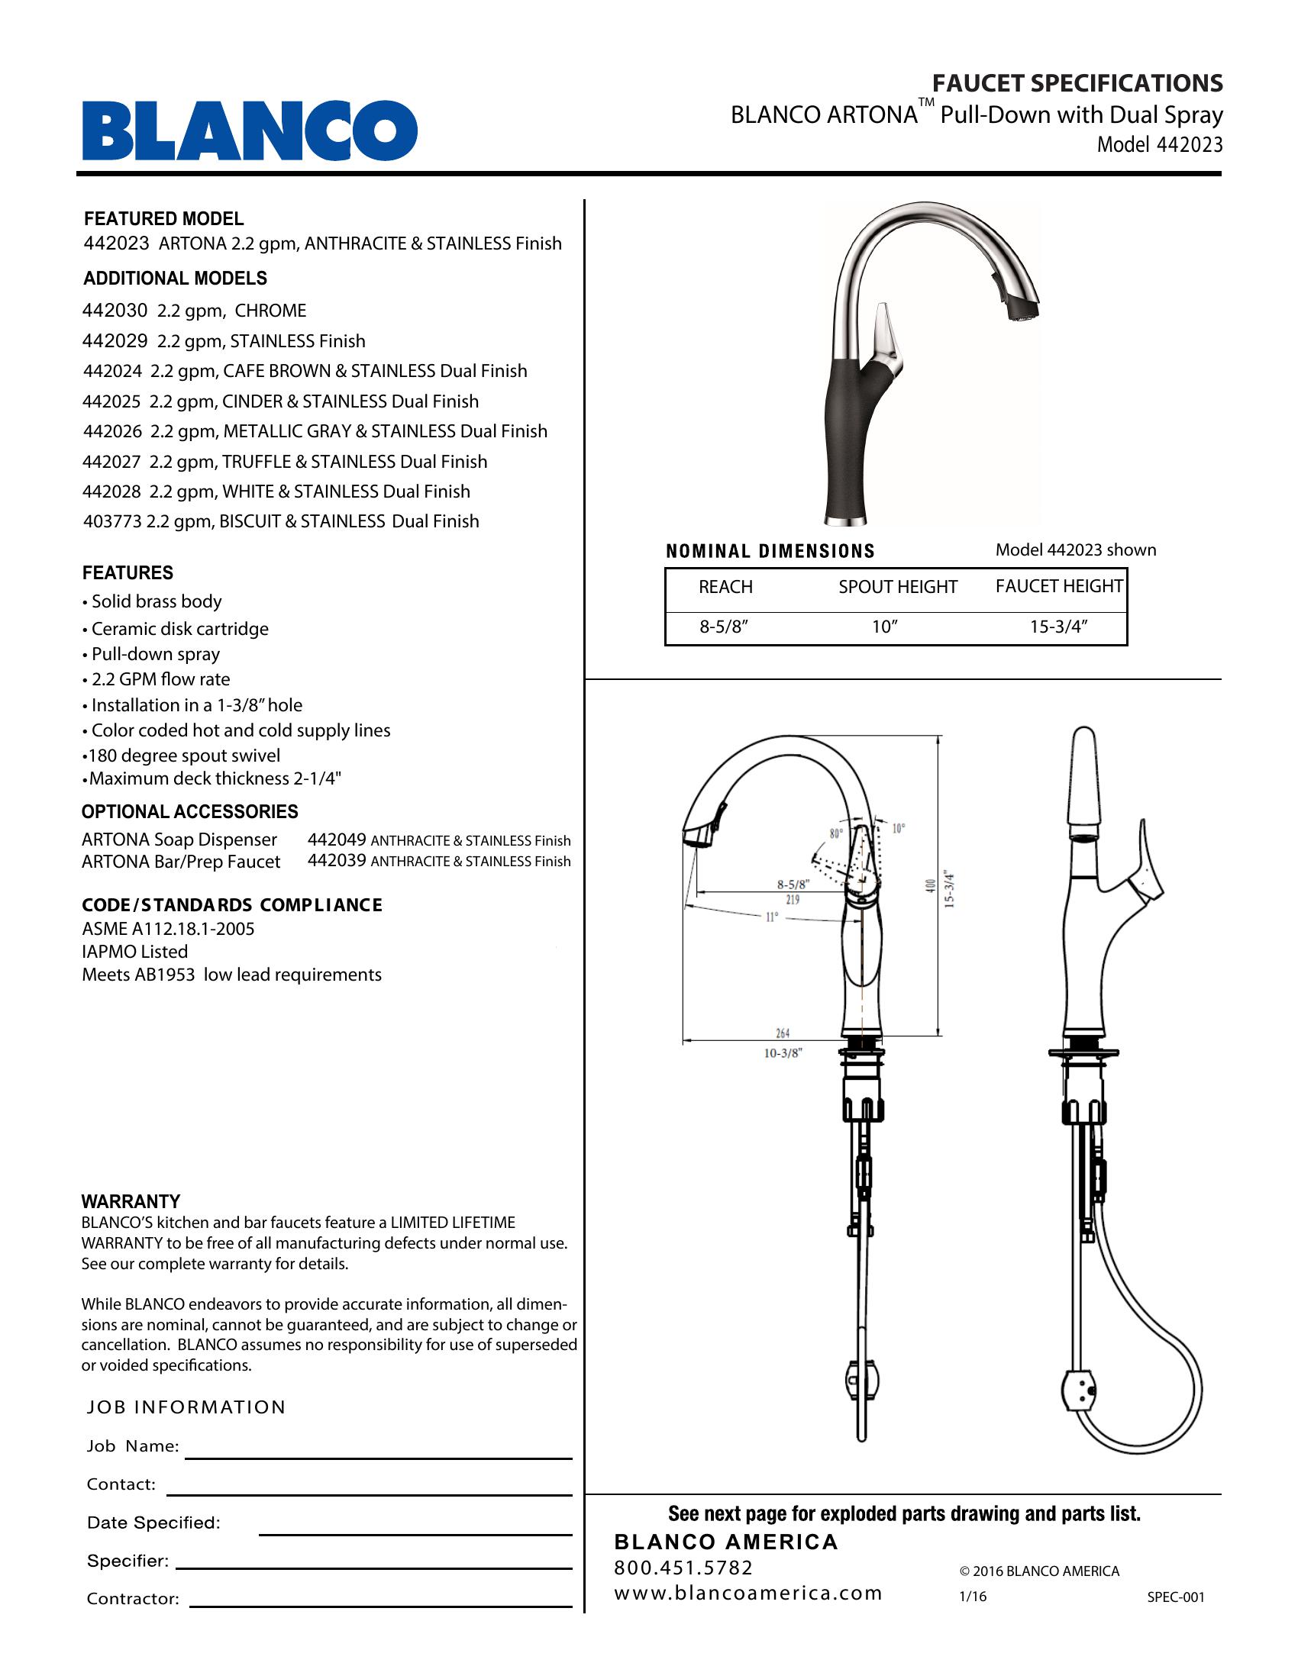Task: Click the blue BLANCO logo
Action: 250,130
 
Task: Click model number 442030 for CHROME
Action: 114,311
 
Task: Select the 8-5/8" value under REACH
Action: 724,627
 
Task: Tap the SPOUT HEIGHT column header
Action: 897,587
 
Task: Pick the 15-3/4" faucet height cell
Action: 1058,627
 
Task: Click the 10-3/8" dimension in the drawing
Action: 783,1053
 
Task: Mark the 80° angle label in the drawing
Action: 836,833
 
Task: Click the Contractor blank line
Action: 381,1606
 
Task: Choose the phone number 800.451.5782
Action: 683,1568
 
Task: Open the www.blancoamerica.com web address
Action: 747,1593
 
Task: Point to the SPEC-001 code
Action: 1175,1597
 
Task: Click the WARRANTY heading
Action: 131,1200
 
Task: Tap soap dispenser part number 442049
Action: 336,839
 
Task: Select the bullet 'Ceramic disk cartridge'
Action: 180,629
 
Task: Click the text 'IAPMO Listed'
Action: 134,952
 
